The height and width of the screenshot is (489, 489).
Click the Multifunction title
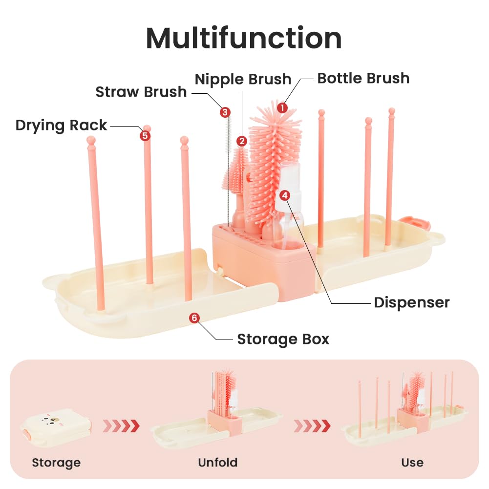pyautogui.click(x=244, y=38)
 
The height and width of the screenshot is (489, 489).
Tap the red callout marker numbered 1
pyautogui.click(x=282, y=108)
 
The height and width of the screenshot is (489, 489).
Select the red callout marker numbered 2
pyautogui.click(x=242, y=141)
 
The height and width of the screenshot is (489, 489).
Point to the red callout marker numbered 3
pyautogui.click(x=225, y=112)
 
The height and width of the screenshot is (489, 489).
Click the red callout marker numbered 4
pyautogui.click(x=285, y=195)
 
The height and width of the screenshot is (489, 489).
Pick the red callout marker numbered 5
pyautogui.click(x=145, y=136)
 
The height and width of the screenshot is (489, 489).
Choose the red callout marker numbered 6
pyautogui.click(x=194, y=318)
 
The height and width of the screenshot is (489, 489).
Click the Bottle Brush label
pyautogui.click(x=363, y=78)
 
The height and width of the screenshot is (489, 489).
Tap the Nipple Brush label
pyautogui.click(x=243, y=79)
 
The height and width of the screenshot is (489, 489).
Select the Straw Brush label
pyautogui.click(x=141, y=92)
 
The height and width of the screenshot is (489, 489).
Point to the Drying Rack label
pyautogui.click(x=61, y=126)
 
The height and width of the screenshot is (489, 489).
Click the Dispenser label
pyautogui.click(x=412, y=302)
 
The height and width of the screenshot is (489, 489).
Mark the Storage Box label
pyautogui.click(x=283, y=340)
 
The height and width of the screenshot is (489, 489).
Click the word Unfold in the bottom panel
pyautogui.click(x=218, y=462)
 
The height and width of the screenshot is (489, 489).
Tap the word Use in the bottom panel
pyautogui.click(x=412, y=462)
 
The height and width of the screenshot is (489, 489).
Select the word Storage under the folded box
pyautogui.click(x=56, y=463)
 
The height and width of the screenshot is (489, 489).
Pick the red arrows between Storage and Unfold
pyautogui.click(x=121, y=425)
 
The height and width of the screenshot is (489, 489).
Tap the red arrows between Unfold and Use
pyautogui.click(x=312, y=425)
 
